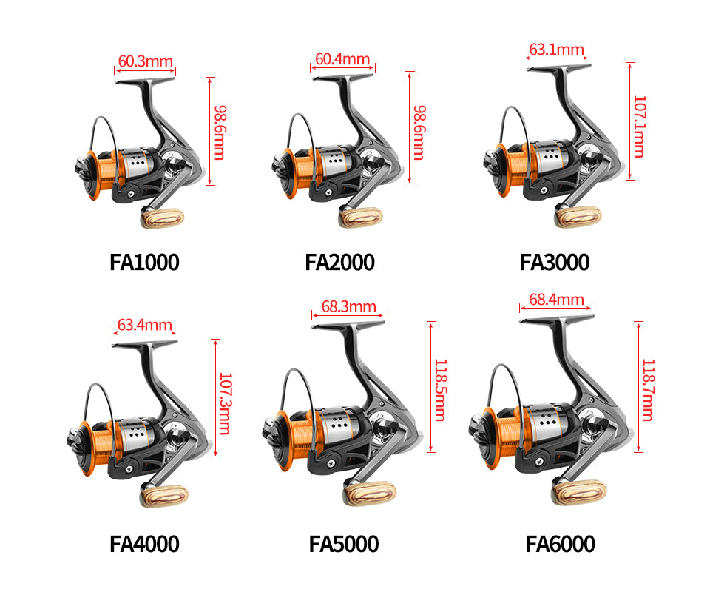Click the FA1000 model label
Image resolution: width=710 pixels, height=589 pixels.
pos(144,263)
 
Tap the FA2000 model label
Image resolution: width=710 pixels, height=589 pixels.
pos(339,263)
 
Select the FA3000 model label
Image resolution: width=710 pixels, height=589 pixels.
pos(555,263)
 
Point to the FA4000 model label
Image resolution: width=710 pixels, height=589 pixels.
pos(144,544)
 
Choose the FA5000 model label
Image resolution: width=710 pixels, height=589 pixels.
pos(344,544)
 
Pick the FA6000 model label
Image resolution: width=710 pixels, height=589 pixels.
pos(560,544)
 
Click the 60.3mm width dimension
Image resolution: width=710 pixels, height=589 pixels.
pos(146,61)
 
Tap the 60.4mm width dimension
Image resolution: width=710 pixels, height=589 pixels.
pos(342,59)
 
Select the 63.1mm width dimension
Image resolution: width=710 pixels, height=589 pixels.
pos(556,49)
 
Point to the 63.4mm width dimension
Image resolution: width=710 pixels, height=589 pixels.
pos(144,325)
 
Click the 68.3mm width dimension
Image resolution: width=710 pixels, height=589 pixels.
pos(348,307)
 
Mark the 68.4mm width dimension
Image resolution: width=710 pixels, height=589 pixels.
pos(556,300)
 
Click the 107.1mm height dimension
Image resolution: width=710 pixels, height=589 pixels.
pos(639,127)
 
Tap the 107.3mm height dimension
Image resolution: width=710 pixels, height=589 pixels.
pos(225,403)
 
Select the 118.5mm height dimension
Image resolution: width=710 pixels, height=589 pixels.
pos(441,390)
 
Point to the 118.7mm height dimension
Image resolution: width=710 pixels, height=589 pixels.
pos(649,390)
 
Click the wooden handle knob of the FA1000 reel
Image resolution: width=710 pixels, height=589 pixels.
pos(163,218)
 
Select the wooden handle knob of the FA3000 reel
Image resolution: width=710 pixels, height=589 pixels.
pos(578,217)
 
